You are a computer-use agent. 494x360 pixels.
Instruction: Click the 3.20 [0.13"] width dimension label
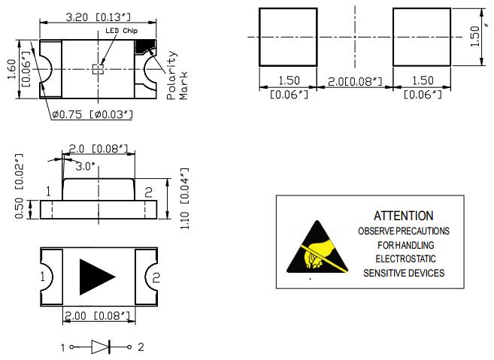coord(95,16)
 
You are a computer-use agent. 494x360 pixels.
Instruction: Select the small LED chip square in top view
coord(96,69)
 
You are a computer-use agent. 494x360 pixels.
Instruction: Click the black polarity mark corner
coord(142,47)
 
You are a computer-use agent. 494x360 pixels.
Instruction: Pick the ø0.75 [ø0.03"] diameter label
coord(92,113)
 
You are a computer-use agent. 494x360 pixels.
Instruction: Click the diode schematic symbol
coord(101,346)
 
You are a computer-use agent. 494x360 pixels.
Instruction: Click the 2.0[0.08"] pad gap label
coord(354,80)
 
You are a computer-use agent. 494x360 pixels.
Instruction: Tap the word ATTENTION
coord(403,216)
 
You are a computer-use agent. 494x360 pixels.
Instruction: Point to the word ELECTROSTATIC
coord(404,259)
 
